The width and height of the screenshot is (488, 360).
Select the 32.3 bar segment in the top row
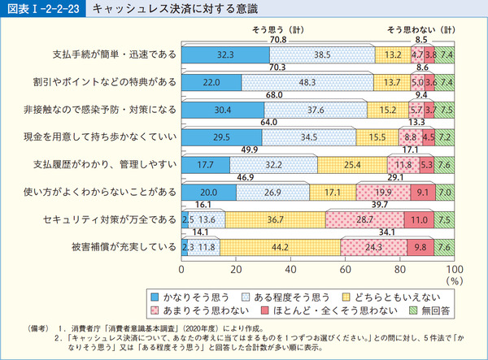(x=225, y=55)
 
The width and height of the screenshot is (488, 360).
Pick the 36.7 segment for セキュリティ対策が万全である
(x=275, y=219)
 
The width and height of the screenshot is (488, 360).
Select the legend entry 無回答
(x=430, y=310)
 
